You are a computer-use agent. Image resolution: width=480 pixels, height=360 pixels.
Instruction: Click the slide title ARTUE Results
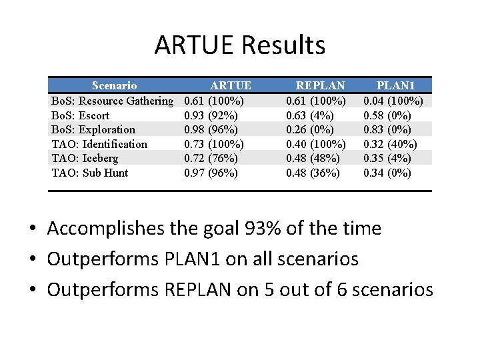240,45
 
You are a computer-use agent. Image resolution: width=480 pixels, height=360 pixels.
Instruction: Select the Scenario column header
114,85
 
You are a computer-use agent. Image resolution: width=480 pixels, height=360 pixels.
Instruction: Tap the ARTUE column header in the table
231,85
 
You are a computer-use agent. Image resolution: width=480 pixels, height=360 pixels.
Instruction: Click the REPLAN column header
321,85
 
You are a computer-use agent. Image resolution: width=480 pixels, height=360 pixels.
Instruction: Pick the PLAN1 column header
396,85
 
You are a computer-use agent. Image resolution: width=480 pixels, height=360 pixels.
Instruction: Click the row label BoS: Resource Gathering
112,101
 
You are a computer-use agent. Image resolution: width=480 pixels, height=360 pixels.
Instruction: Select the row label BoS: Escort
80,115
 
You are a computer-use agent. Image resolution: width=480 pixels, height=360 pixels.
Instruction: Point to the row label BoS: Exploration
93,129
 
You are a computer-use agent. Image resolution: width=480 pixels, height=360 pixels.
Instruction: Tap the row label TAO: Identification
99,144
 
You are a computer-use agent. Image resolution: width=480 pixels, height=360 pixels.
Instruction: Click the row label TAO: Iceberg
85,158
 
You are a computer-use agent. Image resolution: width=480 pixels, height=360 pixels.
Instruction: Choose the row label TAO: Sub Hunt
90,173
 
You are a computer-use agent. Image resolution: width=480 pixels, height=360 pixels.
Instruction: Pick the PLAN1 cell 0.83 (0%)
387,129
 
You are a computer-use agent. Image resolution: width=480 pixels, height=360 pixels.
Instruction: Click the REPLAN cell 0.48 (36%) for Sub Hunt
313,173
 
